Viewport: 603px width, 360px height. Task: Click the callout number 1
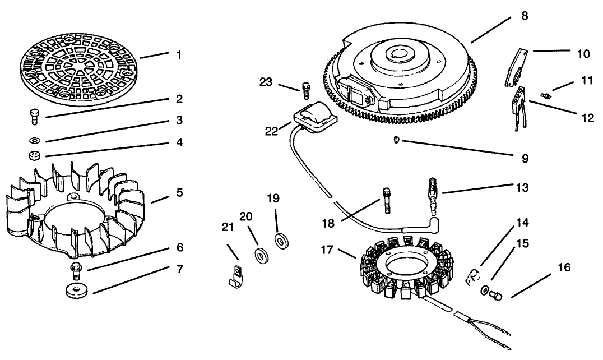[179, 55]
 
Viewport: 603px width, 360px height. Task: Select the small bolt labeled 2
[33, 117]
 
